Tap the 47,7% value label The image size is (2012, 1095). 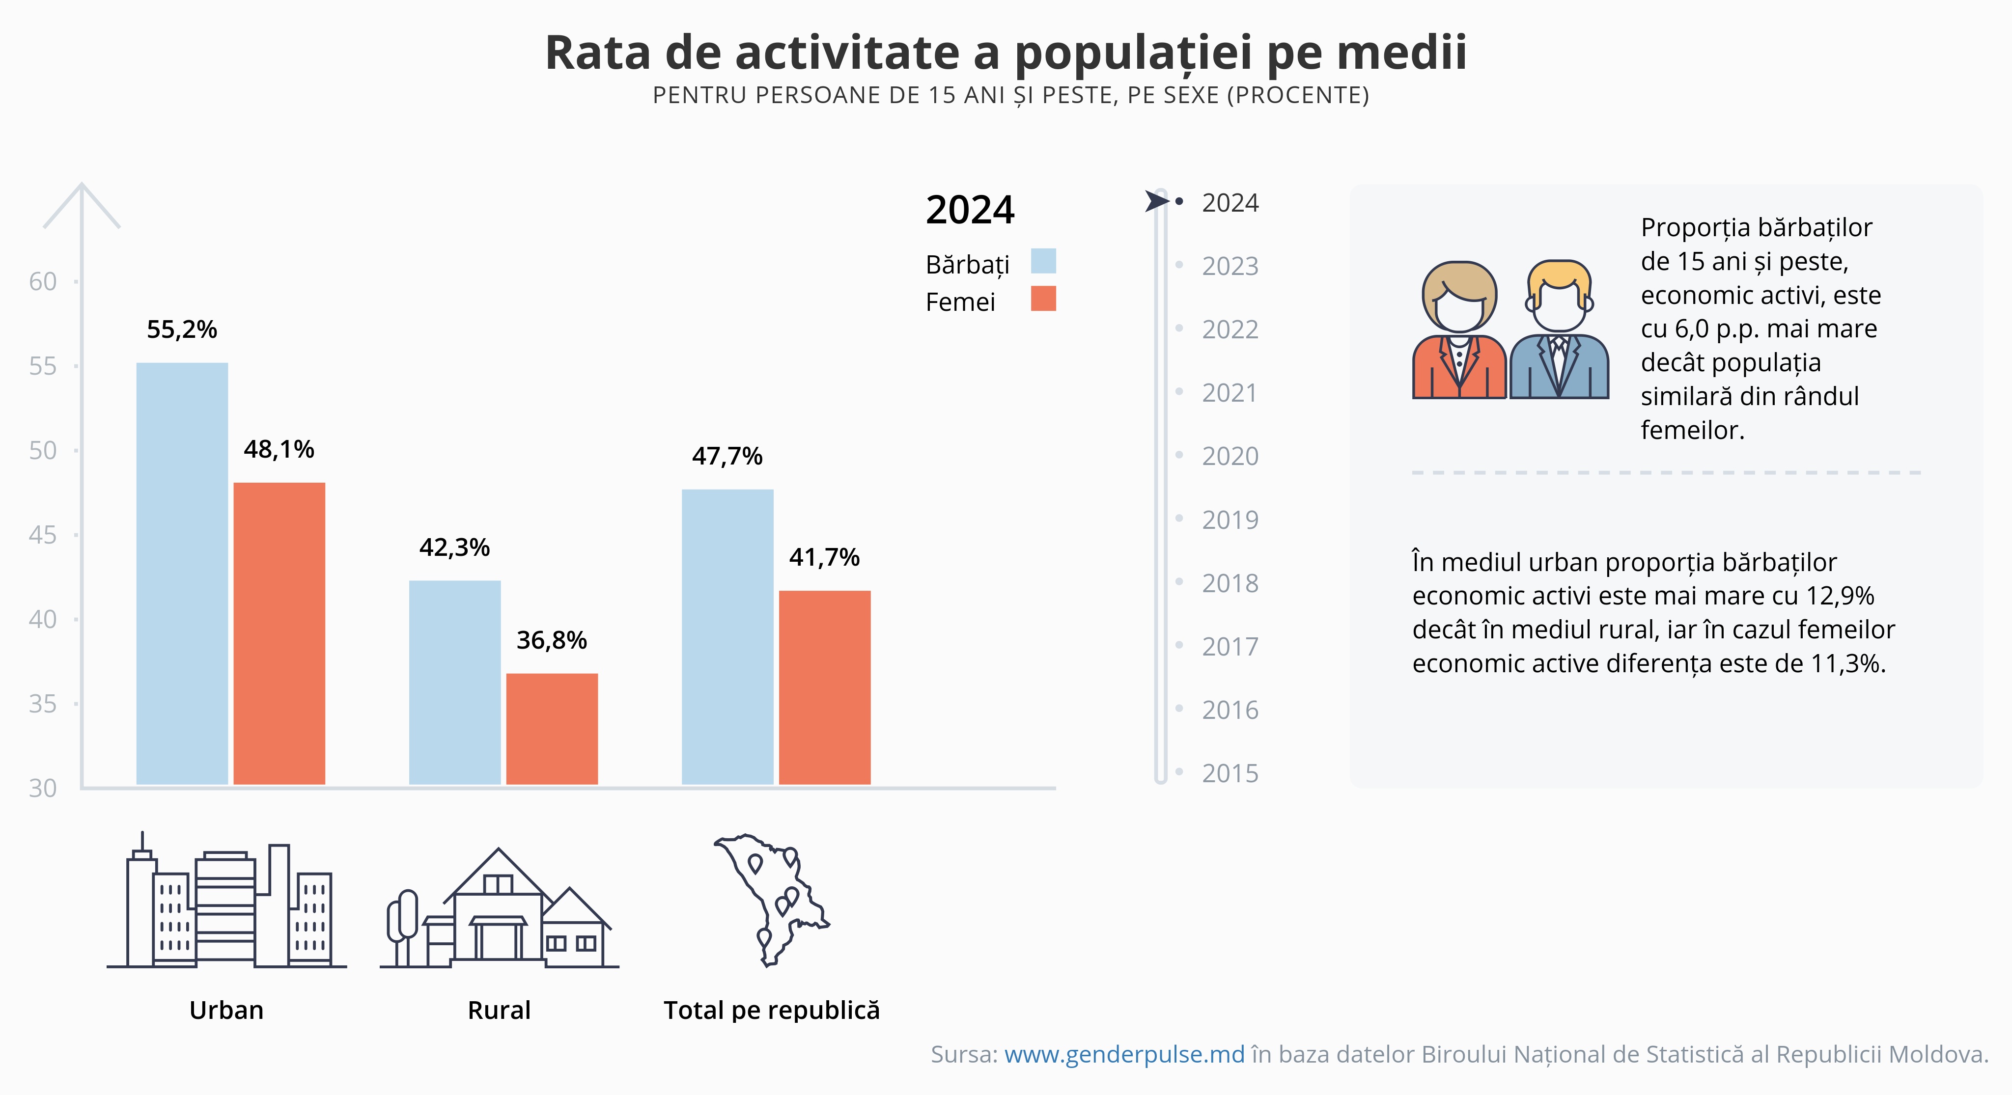(x=727, y=456)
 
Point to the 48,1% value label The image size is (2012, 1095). (x=279, y=449)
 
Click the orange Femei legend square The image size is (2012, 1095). (x=1043, y=299)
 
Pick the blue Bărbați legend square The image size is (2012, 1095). (x=1043, y=261)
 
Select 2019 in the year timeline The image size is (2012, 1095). (x=1230, y=520)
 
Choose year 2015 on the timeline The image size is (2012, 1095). (x=1230, y=773)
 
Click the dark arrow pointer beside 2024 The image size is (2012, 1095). (x=1156, y=201)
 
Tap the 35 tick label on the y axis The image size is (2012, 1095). (x=43, y=704)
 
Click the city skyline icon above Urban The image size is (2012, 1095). (x=226, y=906)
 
